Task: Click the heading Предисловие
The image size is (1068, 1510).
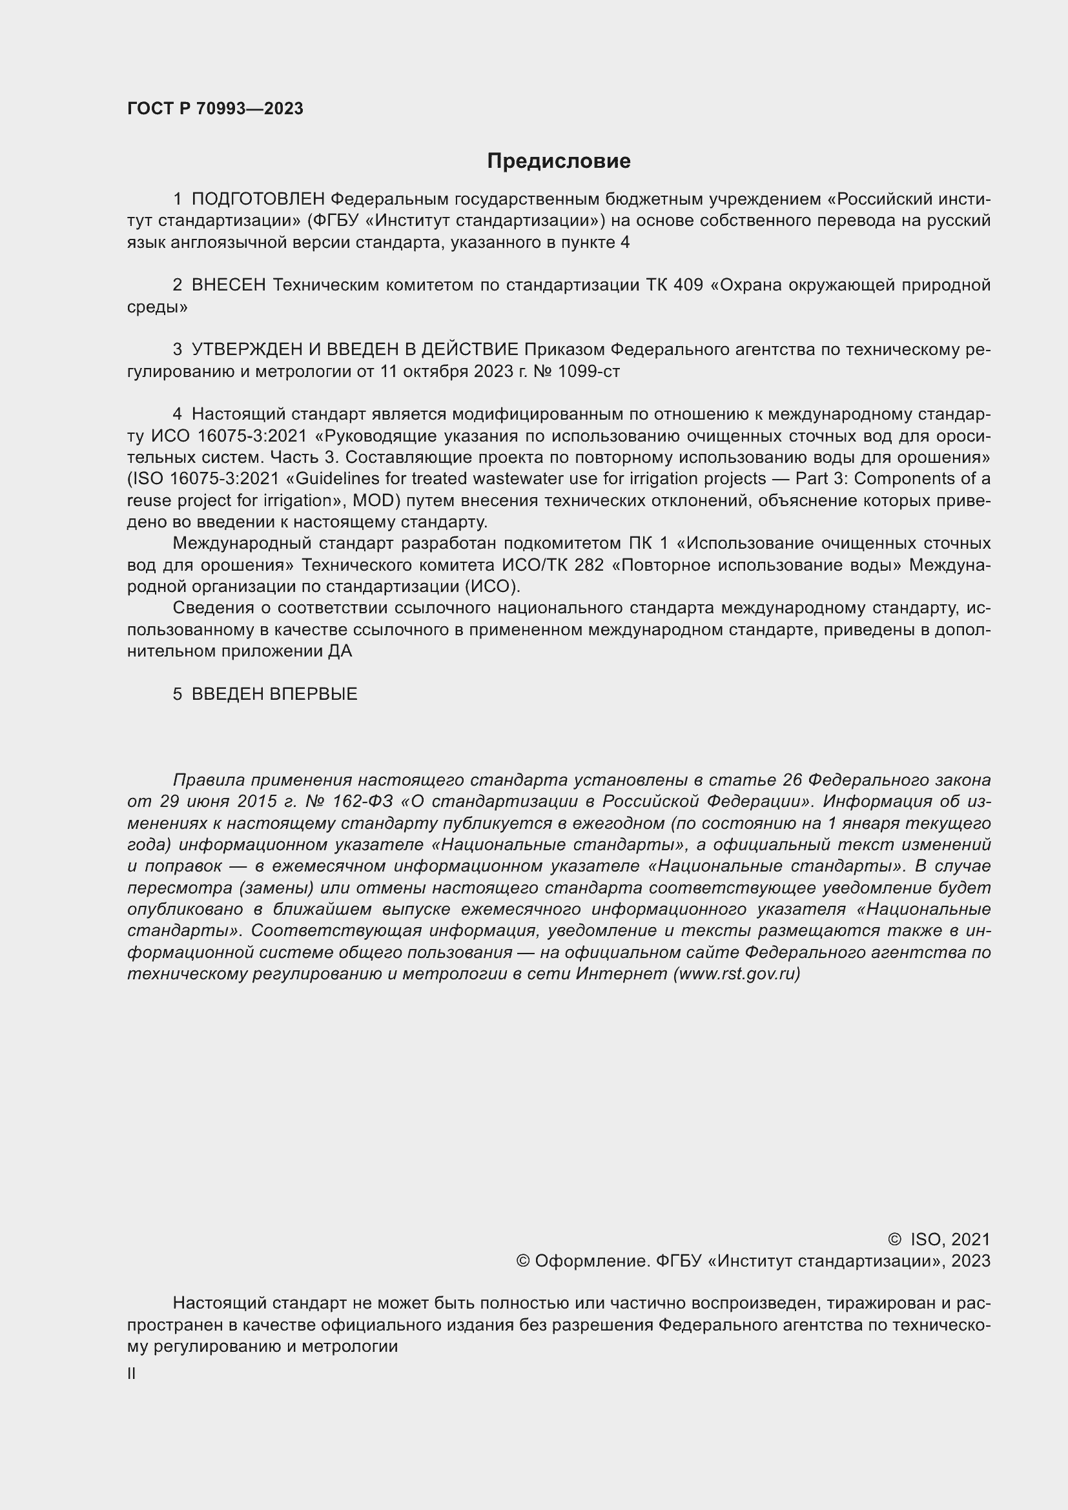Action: click(x=559, y=161)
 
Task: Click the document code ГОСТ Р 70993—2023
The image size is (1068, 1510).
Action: click(x=215, y=108)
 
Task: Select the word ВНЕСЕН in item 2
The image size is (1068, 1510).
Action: click(x=228, y=285)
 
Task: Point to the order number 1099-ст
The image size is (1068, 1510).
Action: click(x=588, y=372)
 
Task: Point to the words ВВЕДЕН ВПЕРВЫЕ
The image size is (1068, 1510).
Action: click(x=274, y=694)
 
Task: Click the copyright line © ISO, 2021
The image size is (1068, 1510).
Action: click(x=938, y=1240)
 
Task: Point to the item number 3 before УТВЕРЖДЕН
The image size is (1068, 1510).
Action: click(x=177, y=350)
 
